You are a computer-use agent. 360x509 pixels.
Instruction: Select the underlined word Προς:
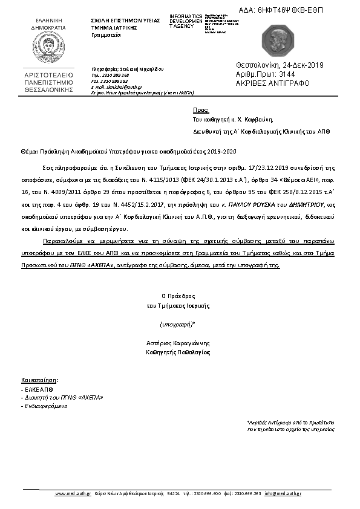click(x=200, y=111)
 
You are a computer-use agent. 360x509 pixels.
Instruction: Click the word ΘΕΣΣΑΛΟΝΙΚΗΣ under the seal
click(x=48, y=88)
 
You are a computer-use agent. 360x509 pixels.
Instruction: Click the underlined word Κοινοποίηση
click(x=39, y=380)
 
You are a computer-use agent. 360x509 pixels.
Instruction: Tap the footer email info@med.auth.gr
click(x=283, y=494)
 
